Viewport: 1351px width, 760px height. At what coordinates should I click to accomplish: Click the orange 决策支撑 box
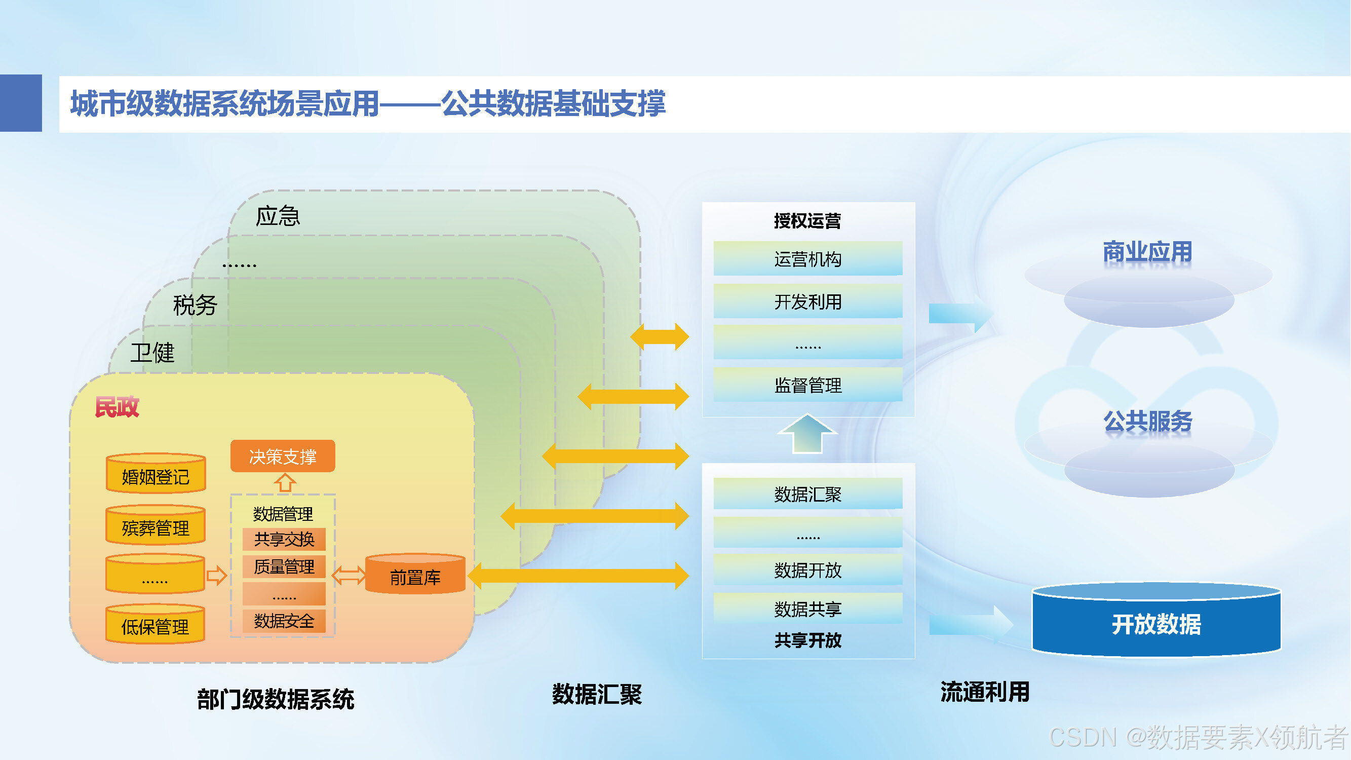(x=283, y=456)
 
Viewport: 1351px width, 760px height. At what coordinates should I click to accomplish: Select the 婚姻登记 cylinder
(x=156, y=473)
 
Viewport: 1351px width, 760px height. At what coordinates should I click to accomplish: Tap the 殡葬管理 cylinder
(x=156, y=524)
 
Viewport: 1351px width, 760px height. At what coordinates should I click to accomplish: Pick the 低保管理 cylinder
(x=156, y=624)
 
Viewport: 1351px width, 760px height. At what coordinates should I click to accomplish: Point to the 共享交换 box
(x=284, y=539)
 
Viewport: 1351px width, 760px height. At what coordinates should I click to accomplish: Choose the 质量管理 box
(x=284, y=566)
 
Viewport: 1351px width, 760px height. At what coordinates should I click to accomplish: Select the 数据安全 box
(x=284, y=621)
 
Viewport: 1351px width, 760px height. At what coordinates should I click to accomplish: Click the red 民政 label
(x=117, y=407)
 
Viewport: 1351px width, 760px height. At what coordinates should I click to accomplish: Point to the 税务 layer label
(x=195, y=305)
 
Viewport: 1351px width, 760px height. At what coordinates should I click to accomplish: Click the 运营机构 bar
(x=807, y=258)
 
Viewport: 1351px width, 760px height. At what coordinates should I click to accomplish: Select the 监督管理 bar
(x=807, y=385)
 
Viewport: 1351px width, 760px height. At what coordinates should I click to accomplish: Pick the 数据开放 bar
(x=807, y=569)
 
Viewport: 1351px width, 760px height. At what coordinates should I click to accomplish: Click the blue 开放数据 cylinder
(x=1156, y=620)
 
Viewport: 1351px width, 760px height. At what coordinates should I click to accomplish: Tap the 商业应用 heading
(x=1147, y=252)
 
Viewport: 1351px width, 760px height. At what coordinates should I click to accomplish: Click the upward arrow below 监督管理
(x=807, y=433)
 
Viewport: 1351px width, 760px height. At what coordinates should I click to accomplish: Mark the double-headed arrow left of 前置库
(x=349, y=576)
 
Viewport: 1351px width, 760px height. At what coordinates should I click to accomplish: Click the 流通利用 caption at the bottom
(x=985, y=692)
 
